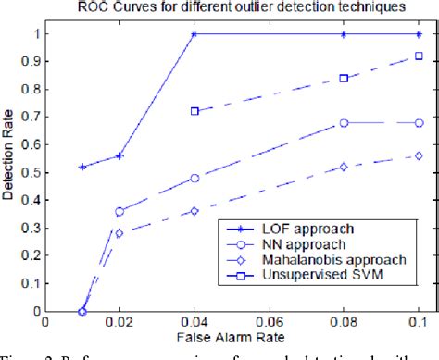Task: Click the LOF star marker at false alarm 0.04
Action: point(194,34)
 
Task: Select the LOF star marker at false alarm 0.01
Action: point(82,167)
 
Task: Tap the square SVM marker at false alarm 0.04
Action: point(194,111)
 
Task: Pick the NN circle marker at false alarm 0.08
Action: point(344,122)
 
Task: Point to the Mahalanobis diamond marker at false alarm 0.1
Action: point(419,155)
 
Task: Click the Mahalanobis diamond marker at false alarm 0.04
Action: point(194,211)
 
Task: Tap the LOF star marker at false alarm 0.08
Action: point(344,34)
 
